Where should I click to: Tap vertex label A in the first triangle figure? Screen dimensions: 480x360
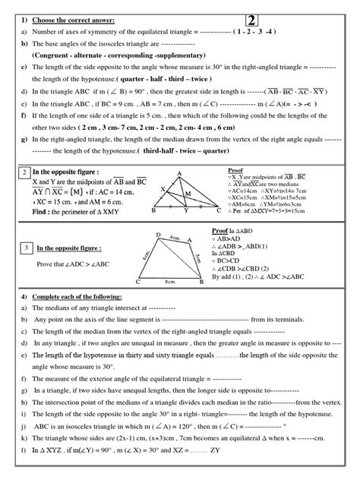178,172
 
